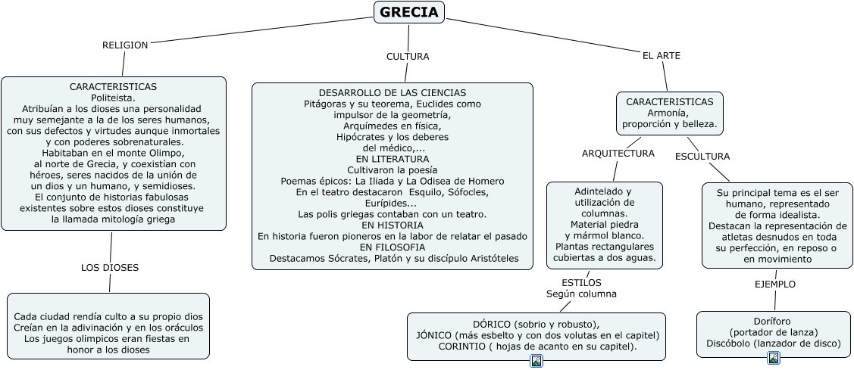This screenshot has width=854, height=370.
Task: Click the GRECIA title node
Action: point(408,12)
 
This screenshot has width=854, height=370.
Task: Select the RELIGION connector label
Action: point(125,45)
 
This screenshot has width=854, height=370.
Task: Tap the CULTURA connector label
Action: point(408,57)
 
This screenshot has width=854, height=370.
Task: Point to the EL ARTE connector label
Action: point(662,56)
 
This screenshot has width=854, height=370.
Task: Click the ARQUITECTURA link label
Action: point(618,154)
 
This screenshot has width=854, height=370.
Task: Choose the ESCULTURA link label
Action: point(702,157)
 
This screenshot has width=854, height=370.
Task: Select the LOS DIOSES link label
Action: point(110,268)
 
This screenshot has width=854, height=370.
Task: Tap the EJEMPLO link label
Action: point(775,284)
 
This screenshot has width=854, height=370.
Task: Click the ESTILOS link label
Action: point(582,283)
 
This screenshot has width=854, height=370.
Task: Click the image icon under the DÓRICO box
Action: point(536,361)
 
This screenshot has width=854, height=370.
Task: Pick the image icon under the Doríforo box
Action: point(774,358)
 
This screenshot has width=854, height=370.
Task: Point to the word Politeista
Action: point(113,98)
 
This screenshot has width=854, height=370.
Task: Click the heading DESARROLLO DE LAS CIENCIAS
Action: point(393,92)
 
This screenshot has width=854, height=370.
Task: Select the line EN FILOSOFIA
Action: point(392,247)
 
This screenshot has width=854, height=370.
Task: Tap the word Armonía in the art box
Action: point(670,113)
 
